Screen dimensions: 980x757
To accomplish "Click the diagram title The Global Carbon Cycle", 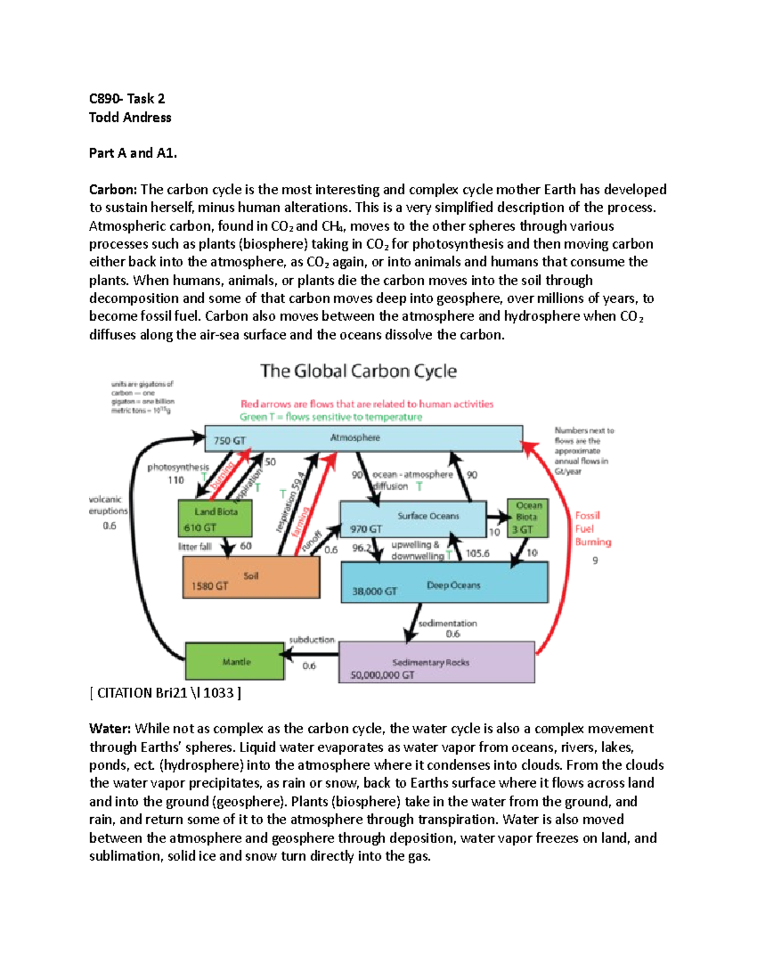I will [358, 371].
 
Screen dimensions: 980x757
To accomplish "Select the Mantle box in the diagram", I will [235, 661].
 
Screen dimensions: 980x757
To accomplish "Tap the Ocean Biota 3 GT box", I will [527, 518].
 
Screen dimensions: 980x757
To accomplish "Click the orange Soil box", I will [251, 578].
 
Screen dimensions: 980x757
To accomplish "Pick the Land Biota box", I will [215, 519].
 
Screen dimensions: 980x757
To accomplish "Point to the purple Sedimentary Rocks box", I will [436, 663].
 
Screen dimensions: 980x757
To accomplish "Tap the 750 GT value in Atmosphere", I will [230, 440].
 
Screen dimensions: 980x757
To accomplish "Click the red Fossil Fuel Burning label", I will [592, 529].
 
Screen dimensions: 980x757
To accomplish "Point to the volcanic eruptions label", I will [108, 505].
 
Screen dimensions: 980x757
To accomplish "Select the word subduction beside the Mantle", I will [312, 639].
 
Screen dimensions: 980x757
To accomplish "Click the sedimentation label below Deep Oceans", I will [447, 623].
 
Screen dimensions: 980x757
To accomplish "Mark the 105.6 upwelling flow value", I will [478, 553].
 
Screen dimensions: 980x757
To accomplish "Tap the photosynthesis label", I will [178, 467].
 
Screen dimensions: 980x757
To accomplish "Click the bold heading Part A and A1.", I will [133, 153].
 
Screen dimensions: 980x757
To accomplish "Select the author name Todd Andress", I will [130, 117].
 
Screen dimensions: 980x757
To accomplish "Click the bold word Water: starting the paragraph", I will [110, 729].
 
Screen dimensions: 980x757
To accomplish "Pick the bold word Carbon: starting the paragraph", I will [112, 190].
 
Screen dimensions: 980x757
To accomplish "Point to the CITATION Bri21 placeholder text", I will [165, 693].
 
